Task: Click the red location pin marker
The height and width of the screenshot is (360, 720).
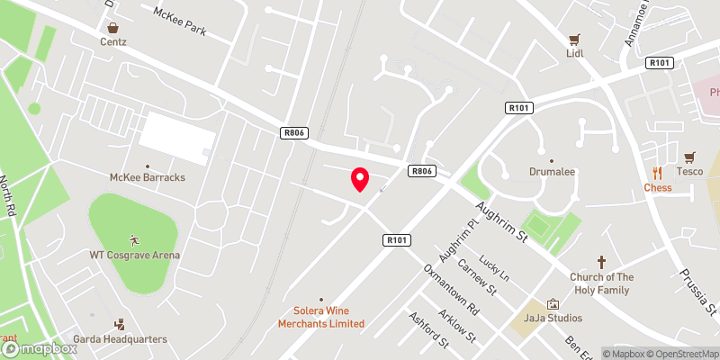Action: pos(360,179)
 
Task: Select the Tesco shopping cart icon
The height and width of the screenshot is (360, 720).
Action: pos(689,157)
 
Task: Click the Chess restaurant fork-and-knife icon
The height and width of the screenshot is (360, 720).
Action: pos(658,173)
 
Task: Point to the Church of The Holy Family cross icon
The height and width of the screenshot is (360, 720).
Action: pos(601,262)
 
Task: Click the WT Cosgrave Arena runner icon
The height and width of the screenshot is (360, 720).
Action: pos(134,240)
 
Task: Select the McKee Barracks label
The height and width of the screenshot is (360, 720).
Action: pos(148,177)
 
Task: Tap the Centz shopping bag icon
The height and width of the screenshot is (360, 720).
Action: pos(113,27)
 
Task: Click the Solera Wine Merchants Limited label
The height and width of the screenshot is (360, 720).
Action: pos(321,317)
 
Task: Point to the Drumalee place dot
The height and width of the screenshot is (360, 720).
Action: pos(552,155)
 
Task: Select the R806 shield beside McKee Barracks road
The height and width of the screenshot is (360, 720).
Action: pos(294,133)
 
